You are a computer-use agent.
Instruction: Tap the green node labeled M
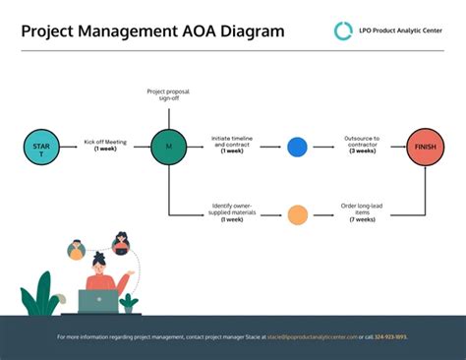168,147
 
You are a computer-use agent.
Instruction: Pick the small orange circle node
297,212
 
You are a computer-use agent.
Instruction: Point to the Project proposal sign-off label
168,94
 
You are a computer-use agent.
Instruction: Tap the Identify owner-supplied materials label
233,209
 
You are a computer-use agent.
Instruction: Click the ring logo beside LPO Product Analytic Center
343,30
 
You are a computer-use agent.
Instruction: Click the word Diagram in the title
252,30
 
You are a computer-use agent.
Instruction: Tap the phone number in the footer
389,337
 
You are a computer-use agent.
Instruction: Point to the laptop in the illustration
97,302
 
